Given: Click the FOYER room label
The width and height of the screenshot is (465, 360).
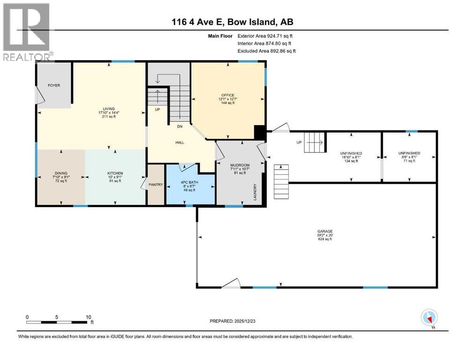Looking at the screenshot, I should click(54, 85).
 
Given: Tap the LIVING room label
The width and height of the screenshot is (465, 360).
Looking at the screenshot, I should click(109, 109).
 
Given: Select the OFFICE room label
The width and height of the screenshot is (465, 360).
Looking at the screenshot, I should click(228, 96).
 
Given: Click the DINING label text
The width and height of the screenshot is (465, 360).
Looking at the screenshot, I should click(61, 173).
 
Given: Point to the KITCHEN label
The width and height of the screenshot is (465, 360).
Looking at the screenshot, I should click(115, 173).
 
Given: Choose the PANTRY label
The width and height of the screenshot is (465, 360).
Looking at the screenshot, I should click(156, 185).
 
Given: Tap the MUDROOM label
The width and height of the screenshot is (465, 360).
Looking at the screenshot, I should click(240, 165).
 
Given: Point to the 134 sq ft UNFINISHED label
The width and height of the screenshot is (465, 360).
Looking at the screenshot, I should click(354, 153).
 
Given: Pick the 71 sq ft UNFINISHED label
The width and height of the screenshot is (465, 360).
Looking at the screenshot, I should click(409, 153).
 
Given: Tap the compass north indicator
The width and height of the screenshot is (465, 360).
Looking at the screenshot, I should click(429, 318).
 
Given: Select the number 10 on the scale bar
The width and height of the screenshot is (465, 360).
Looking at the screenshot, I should click(89, 317).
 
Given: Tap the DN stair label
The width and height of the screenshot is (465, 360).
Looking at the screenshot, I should click(179, 126).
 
